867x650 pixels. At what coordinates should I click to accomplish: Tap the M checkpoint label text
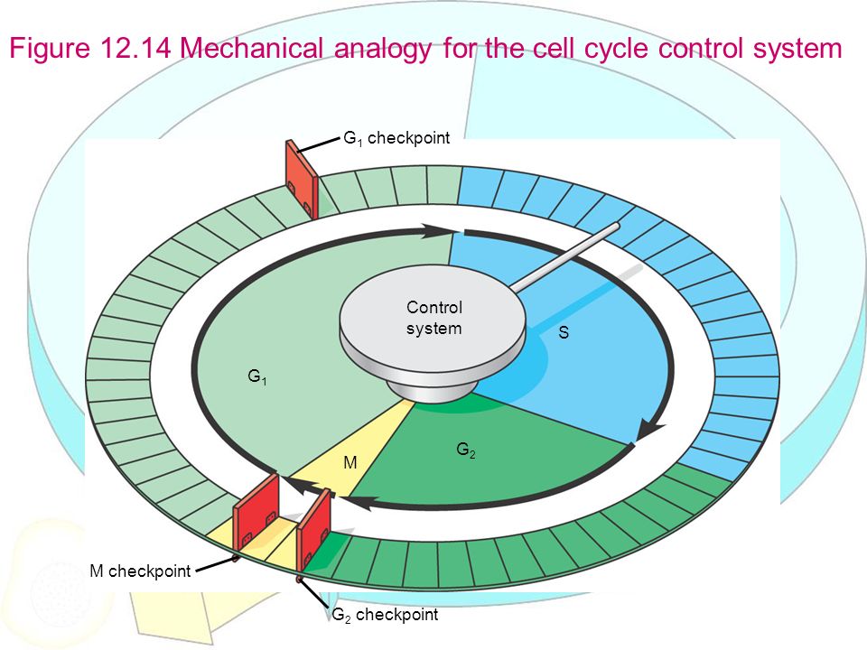coord(140,571)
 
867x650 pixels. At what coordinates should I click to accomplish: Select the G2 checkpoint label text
coord(385,615)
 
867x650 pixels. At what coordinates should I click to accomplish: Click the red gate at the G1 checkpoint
coord(301,179)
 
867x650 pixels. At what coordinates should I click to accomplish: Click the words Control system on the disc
coord(433,318)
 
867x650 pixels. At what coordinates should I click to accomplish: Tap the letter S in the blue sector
coord(564,332)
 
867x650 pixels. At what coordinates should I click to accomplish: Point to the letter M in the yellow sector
coord(350,462)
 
